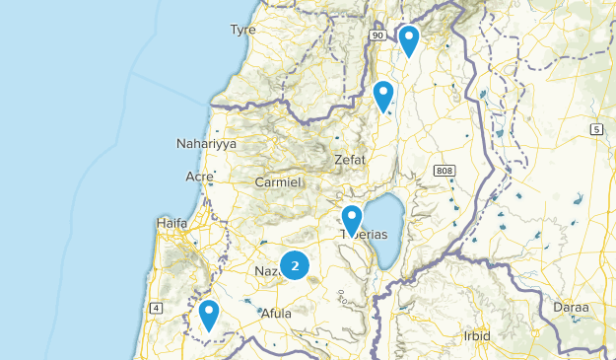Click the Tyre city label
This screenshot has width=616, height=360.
(242, 30)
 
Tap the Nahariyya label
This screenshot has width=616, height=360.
(206, 144)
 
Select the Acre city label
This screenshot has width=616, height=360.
(199, 177)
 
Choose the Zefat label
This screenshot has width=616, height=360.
(349, 159)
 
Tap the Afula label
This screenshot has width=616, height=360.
(275, 314)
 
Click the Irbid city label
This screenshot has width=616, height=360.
(477, 335)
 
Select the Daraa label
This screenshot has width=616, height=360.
(572, 308)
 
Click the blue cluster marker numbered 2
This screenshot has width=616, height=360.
(295, 265)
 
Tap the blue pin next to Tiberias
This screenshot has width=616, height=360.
(352, 219)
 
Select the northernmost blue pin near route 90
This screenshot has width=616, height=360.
(409, 39)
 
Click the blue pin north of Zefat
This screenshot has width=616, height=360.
(383, 96)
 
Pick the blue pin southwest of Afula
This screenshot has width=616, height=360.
(208, 315)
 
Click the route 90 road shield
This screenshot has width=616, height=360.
(376, 36)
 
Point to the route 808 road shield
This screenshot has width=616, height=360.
(443, 171)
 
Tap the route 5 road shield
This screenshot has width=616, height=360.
(596, 129)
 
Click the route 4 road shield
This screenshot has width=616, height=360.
(156, 309)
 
